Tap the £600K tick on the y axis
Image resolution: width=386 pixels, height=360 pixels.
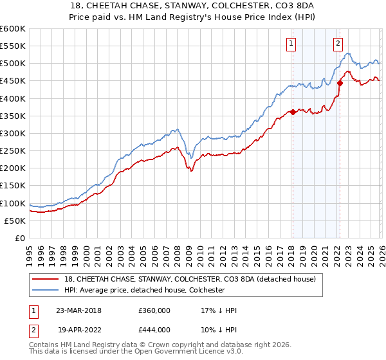tap(13, 29)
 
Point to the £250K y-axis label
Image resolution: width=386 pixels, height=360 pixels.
tap(13, 150)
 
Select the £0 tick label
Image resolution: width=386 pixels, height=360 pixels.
tap(21, 238)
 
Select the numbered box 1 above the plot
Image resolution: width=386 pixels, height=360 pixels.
tap(291, 44)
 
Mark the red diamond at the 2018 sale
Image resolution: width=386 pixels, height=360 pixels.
tap(292, 112)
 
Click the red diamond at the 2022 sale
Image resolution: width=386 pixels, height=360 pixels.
tap(339, 82)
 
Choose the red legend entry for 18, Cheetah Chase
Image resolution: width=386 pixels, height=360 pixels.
tap(190, 279)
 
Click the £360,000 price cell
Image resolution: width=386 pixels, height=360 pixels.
tap(154, 310)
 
